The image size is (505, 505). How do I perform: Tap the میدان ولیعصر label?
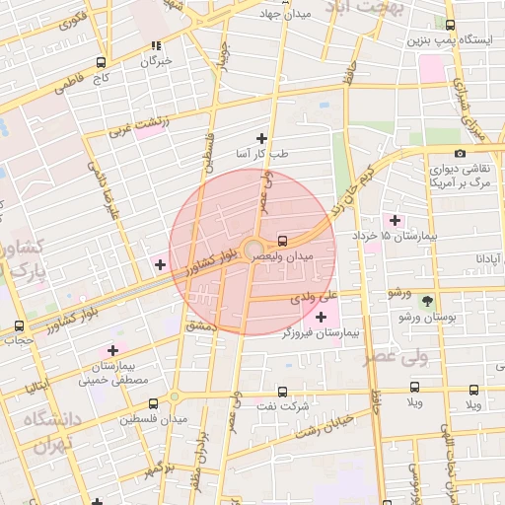285,255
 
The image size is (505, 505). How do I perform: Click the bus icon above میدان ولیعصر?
283,240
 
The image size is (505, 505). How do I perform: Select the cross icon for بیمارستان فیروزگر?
321,316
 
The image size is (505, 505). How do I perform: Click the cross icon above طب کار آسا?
261,138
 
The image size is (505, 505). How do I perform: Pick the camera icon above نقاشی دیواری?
460,153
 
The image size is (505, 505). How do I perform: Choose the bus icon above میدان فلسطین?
152,402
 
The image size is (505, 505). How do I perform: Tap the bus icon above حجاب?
19,326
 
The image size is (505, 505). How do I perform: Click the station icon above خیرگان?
156,45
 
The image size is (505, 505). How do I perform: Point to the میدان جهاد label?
285,15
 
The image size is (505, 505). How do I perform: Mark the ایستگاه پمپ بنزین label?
452,40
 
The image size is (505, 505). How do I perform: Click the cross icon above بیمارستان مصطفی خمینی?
113,349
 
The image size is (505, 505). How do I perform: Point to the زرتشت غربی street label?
139,124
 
